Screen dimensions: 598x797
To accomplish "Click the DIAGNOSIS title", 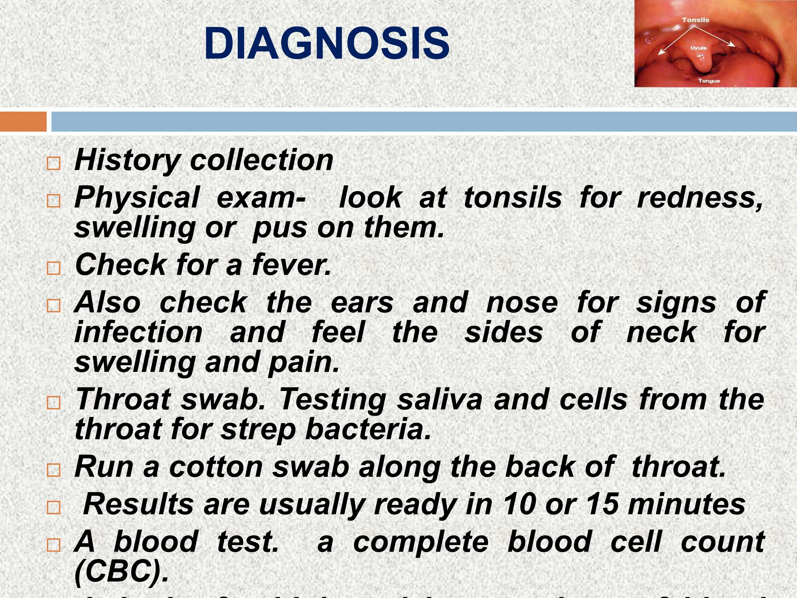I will [327, 44].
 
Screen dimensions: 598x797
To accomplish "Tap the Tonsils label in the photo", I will [695, 20].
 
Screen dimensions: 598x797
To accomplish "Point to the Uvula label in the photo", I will [699, 48].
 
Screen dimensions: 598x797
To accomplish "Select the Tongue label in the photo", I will [709, 81].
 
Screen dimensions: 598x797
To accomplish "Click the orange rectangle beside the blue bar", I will [23, 121].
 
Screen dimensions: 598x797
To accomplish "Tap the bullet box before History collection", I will [53, 164].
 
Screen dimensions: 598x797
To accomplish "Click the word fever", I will [291, 265].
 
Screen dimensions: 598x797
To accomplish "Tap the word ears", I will [362, 303].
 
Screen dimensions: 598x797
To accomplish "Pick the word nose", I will [522, 303].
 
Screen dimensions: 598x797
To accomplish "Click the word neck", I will [661, 332].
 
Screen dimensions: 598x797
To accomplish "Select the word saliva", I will [439, 400].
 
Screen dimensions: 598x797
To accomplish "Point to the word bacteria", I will [368, 429].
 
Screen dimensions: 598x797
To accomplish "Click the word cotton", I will [216, 467].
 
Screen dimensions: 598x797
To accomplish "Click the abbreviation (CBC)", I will [121, 572].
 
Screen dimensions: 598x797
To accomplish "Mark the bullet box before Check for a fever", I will [53, 268].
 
